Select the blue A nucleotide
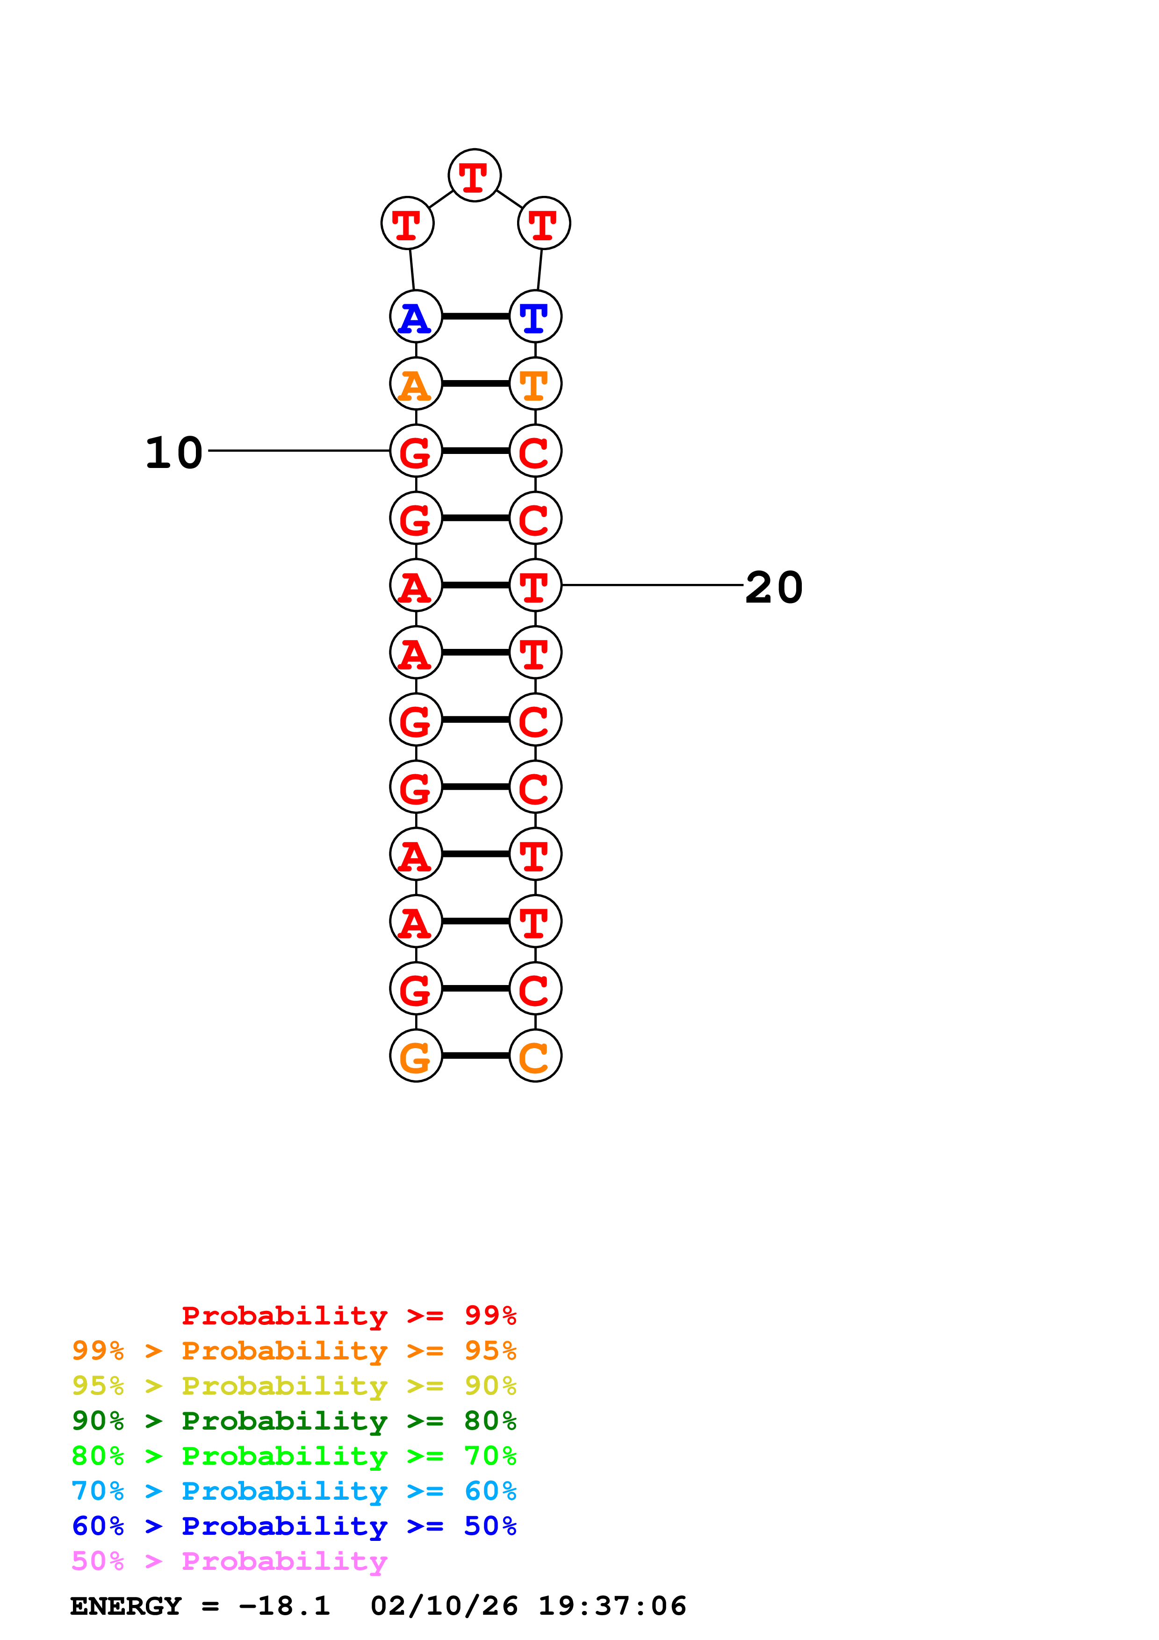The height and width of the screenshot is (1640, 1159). [416, 316]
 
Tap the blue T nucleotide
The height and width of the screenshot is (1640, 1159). [535, 316]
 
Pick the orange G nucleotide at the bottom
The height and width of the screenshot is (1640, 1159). [416, 1056]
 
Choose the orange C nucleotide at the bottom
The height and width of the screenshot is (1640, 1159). [535, 1056]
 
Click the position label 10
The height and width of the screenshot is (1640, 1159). [173, 453]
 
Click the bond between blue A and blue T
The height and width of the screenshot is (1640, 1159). [475, 316]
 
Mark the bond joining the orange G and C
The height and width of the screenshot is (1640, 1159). [475, 1056]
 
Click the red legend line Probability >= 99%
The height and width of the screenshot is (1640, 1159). [348, 1315]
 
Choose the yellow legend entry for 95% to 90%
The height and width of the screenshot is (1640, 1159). [294, 1386]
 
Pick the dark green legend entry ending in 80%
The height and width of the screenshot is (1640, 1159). [294, 1421]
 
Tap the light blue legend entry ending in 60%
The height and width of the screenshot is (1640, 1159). [294, 1491]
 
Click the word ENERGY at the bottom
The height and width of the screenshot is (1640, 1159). [126, 1606]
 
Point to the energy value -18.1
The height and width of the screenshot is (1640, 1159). [284, 1606]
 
